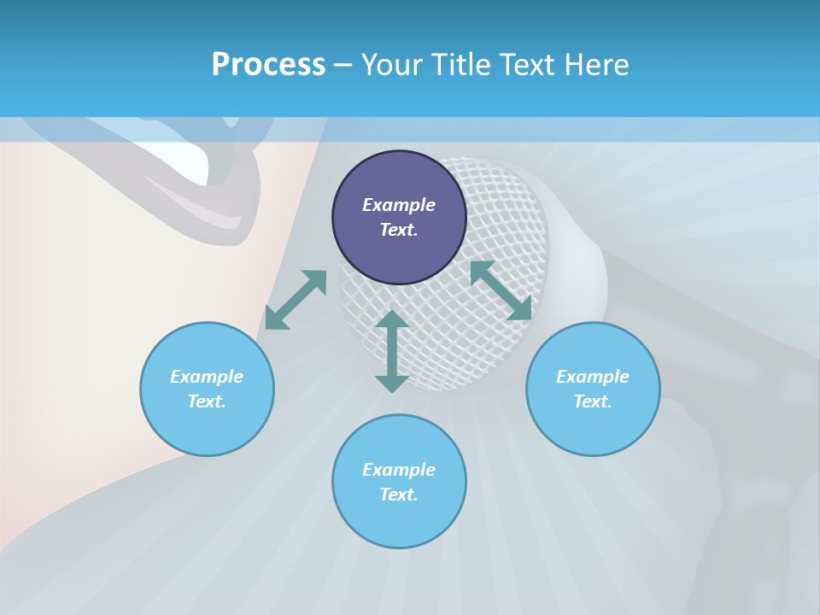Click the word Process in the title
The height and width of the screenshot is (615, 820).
(268, 65)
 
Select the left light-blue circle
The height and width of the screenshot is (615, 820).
(207, 389)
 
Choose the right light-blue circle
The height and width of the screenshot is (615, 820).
(593, 389)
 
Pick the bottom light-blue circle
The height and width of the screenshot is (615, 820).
(399, 482)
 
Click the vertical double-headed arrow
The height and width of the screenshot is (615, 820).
(391, 351)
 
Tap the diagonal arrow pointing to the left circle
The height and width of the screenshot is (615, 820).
(296, 300)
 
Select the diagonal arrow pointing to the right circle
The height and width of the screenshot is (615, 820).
(501, 290)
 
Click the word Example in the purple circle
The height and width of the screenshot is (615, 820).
(399, 205)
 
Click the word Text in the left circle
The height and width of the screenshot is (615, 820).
(207, 401)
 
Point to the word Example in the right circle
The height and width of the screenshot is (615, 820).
(593, 377)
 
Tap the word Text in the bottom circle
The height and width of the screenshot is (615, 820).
(399, 495)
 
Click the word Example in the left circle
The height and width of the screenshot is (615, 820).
(207, 377)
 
